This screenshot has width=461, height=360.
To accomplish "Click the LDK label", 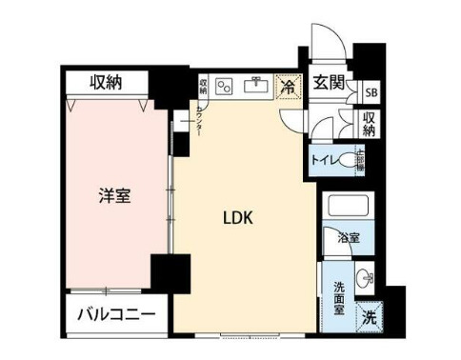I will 237,218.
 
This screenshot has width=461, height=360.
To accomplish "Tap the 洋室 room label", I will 115,197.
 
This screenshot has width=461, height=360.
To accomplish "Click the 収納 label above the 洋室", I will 107,83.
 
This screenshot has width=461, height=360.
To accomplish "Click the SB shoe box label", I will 370,91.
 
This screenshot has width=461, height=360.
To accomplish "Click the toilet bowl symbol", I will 346,161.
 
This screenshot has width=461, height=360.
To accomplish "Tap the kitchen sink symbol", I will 256,86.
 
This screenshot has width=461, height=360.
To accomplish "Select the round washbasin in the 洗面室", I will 362,277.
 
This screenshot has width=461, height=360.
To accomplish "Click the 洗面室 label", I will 338,297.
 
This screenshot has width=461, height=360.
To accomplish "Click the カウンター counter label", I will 198,120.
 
